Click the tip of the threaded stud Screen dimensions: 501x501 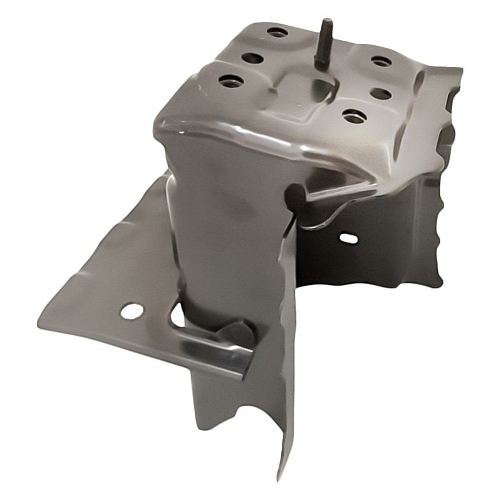coord(326,23)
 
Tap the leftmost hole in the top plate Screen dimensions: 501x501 coord(230,81)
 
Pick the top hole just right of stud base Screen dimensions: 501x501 coord(381,61)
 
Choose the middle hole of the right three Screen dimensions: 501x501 coord(381,93)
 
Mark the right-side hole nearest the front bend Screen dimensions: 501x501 coord(354,116)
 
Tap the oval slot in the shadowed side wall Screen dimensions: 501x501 coord(348,239)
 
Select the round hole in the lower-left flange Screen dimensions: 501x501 coord(132,311)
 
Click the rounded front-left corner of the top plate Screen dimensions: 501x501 coord(164,125)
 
